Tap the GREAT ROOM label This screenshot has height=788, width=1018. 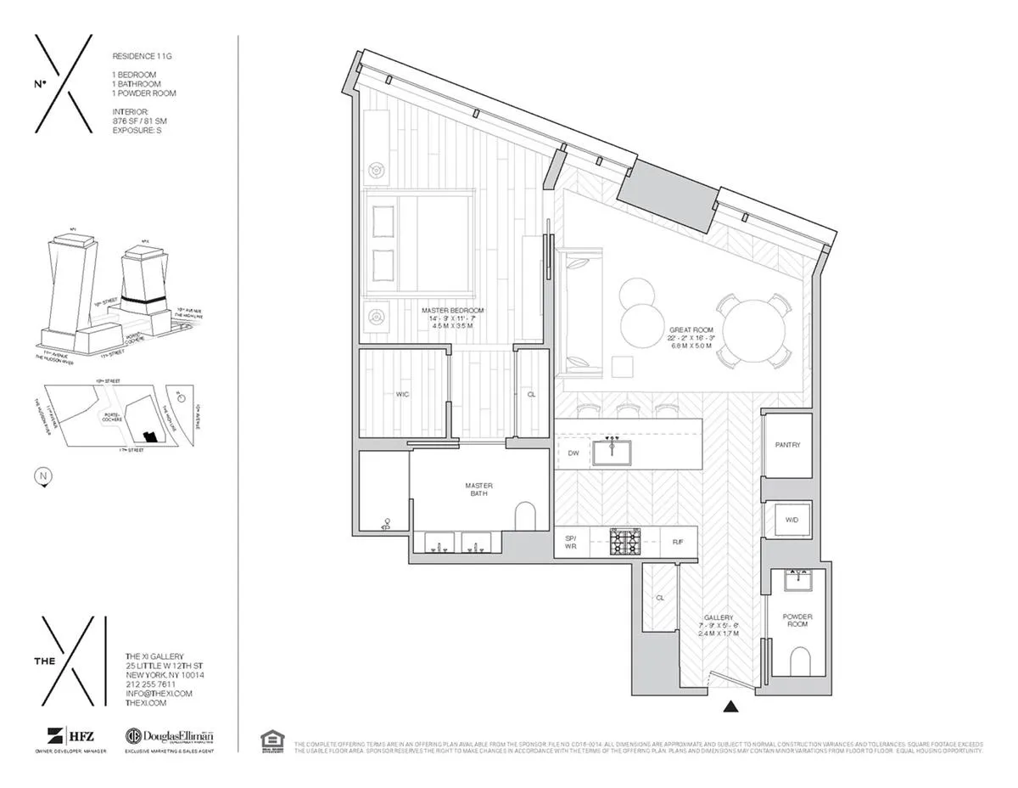[691, 329]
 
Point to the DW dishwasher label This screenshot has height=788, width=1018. [573, 453]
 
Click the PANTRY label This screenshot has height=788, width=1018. [788, 444]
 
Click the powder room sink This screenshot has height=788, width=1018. [797, 581]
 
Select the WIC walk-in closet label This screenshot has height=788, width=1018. [403, 394]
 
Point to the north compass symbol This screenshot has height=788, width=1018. [42, 476]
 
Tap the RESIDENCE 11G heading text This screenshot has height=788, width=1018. [142, 55]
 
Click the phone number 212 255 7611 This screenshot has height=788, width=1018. [150, 684]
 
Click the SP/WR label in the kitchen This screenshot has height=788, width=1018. [571, 542]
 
